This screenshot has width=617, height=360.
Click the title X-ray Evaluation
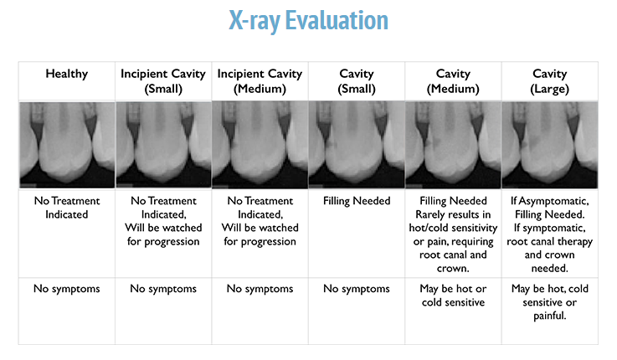pos(307,21)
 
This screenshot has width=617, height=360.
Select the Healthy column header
pos(66,75)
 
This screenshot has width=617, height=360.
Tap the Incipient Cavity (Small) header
pos(162,81)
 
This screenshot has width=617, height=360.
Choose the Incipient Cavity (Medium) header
pos(260,81)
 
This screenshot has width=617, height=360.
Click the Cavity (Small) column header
pos(356,81)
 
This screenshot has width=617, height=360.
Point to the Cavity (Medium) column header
pos(453,81)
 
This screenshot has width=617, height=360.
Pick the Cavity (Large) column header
pos(549,81)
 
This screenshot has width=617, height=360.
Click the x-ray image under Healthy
pos(66,145)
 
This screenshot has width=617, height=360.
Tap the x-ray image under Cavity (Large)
pos(549,145)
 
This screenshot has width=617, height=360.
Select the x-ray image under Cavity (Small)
pos(356,145)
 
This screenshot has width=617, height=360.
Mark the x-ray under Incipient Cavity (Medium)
pos(260,145)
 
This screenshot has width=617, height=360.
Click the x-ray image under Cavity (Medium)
pos(453,145)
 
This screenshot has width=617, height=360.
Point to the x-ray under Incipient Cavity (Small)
pos(162,145)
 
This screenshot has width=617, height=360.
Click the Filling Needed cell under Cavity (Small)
pos(356,202)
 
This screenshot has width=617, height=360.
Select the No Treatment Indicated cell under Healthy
pos(66,208)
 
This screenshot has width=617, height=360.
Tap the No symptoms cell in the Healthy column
pos(66,290)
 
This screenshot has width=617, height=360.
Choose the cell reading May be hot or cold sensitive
pos(453,296)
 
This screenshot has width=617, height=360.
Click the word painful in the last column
pos(549,316)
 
